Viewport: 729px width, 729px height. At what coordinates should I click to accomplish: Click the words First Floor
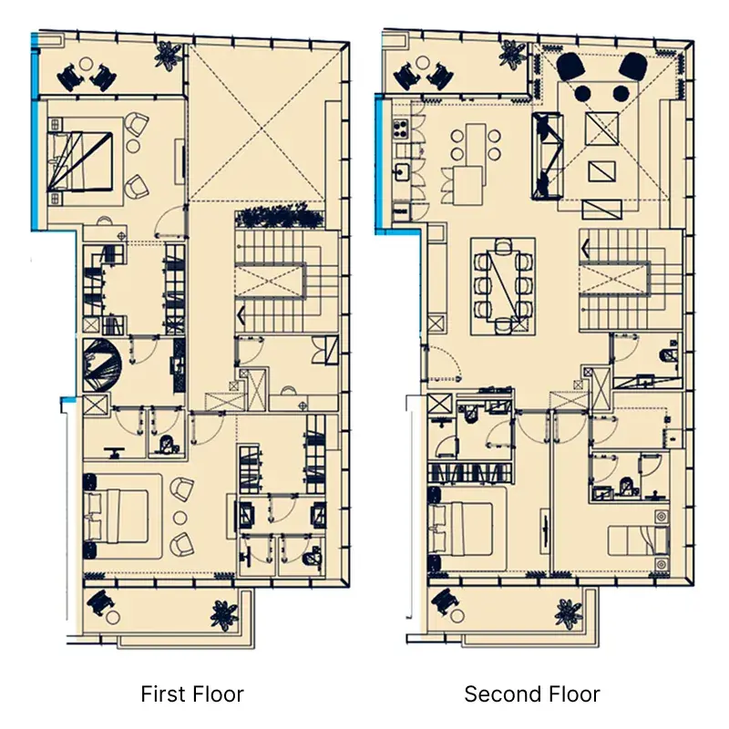click(x=192, y=693)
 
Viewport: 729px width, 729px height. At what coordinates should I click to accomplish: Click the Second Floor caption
click(x=532, y=693)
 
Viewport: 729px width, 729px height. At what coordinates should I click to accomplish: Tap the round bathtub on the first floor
click(x=102, y=364)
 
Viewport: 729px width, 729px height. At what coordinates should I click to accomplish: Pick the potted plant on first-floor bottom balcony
click(x=224, y=615)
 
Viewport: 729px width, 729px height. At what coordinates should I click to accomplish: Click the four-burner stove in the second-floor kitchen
click(x=400, y=128)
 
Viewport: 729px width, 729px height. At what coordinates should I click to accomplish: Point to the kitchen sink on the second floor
click(x=401, y=171)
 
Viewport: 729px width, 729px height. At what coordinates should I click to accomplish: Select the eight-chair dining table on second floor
click(x=503, y=286)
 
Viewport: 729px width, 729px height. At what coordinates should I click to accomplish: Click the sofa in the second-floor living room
click(x=547, y=156)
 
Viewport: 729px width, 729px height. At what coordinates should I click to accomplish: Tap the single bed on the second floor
click(x=639, y=540)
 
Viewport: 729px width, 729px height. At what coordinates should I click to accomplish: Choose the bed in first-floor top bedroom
click(x=80, y=161)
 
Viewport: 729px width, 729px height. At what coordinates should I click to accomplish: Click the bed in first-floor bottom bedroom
click(x=117, y=516)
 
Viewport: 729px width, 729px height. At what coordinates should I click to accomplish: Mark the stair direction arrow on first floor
click(x=241, y=314)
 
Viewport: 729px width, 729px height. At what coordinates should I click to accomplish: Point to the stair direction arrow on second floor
click(x=585, y=248)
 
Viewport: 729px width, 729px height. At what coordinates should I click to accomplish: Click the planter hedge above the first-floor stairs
click(x=280, y=217)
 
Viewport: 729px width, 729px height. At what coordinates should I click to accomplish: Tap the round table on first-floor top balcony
click(x=87, y=63)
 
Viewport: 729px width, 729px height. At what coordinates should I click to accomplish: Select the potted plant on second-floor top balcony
click(x=512, y=54)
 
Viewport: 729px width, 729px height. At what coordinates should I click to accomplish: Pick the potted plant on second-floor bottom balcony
click(x=568, y=612)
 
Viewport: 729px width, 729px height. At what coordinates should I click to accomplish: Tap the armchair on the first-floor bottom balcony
click(x=101, y=601)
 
